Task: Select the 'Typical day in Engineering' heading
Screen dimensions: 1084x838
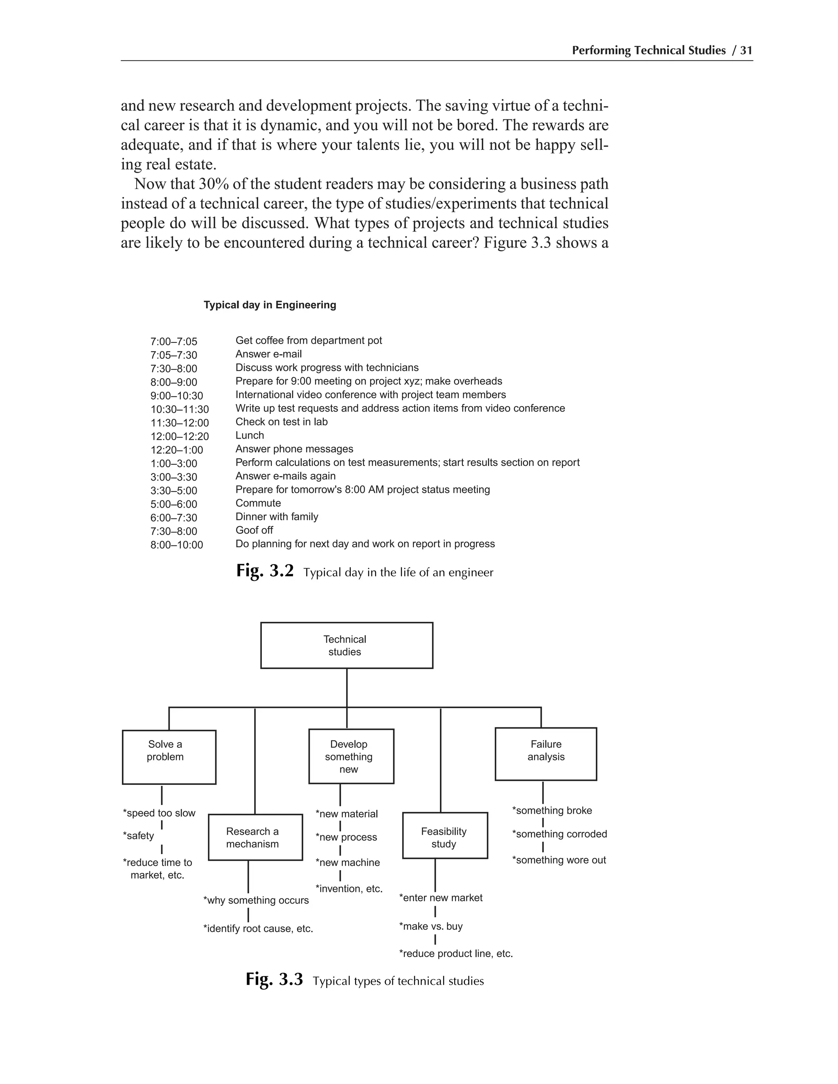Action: point(270,305)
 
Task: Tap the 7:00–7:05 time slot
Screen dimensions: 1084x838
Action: point(174,342)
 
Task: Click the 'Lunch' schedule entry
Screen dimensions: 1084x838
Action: point(250,435)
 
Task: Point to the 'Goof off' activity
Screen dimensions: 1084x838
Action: point(254,530)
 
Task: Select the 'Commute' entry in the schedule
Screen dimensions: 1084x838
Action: point(258,503)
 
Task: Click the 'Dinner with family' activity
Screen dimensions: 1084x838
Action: point(277,517)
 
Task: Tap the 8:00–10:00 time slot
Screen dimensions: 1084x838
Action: point(177,545)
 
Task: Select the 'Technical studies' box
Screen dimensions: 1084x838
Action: point(347,645)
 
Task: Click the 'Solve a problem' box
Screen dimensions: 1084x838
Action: point(169,757)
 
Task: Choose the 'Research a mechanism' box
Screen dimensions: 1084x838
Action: point(255,837)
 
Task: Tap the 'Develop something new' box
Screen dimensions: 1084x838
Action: point(351,756)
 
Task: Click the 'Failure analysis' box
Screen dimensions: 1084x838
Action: point(545,754)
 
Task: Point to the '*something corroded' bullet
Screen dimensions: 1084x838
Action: point(559,834)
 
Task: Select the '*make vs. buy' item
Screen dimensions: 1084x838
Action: point(431,926)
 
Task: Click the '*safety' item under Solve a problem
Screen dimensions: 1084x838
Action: point(139,836)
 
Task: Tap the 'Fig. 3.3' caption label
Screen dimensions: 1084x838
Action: point(274,979)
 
